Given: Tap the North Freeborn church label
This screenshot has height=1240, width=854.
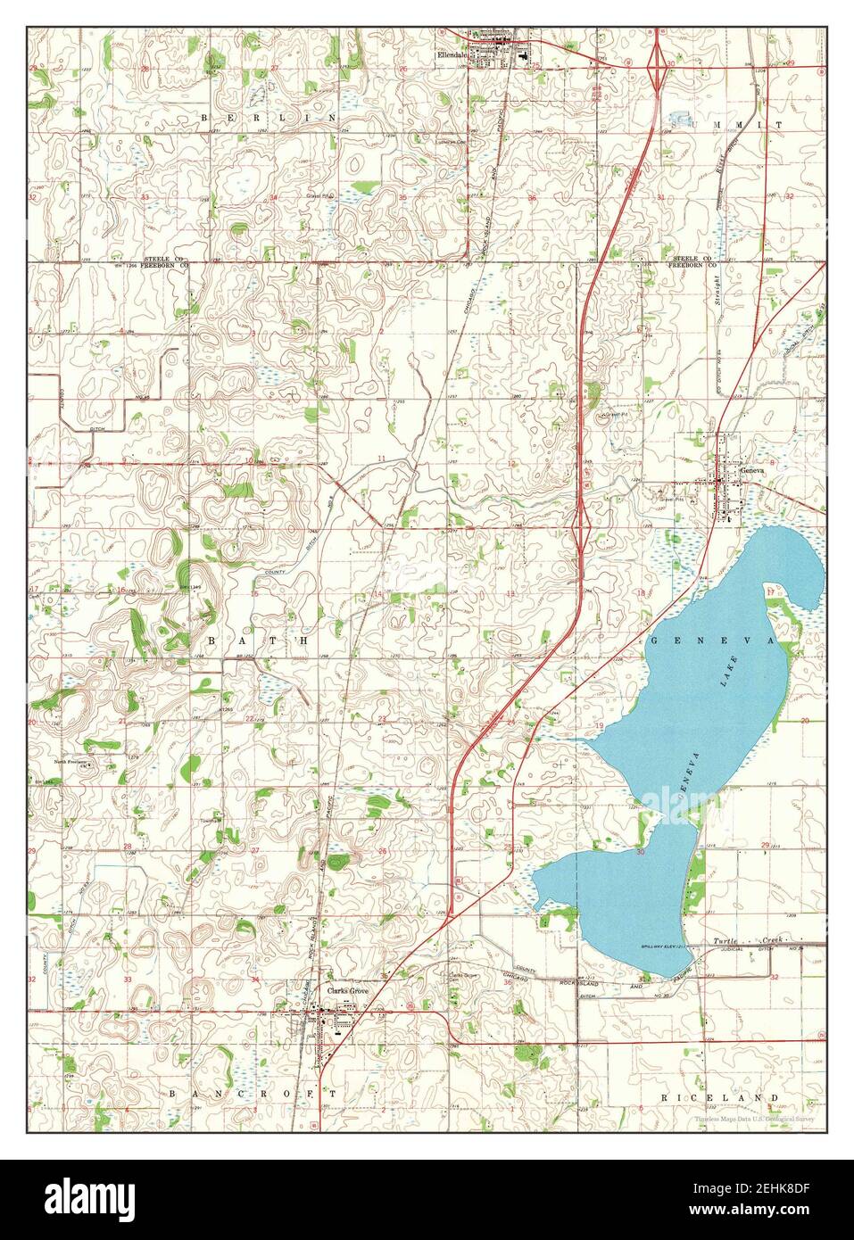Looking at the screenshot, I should pos(74,762).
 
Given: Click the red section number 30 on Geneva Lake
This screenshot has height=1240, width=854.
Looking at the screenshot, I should pos(641,853).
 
